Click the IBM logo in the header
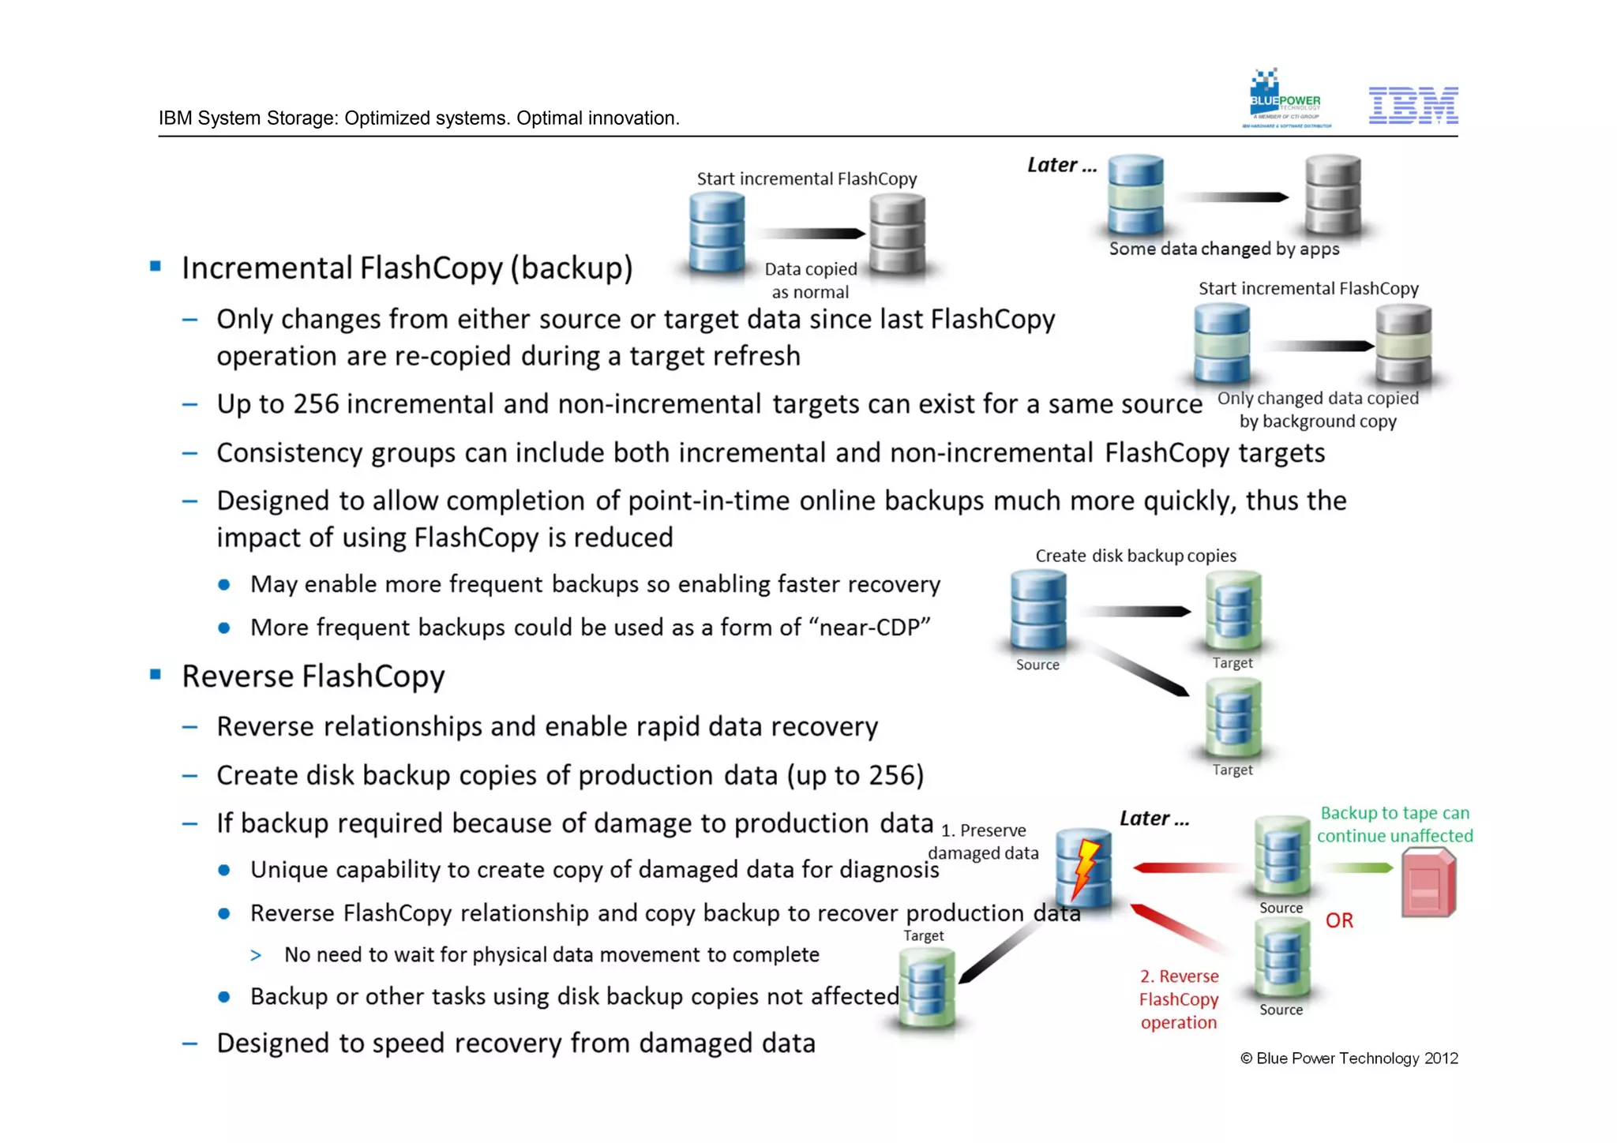click(1413, 106)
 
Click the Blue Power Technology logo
click(1286, 99)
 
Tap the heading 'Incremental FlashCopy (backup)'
click(407, 268)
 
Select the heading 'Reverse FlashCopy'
click(313, 676)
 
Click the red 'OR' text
click(1339, 920)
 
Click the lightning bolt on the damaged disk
click(1086, 869)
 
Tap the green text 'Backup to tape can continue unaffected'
click(1394, 824)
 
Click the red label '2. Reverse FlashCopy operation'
click(1179, 999)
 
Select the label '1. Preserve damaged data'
click(984, 841)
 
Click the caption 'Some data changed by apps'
click(1224, 249)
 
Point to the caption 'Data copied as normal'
click(810, 280)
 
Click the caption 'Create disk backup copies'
click(1135, 556)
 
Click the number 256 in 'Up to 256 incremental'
click(316, 404)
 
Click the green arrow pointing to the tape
click(1359, 868)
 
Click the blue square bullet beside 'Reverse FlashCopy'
click(156, 675)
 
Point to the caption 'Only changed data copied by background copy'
click(1318, 410)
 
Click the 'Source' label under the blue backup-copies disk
click(1037, 665)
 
